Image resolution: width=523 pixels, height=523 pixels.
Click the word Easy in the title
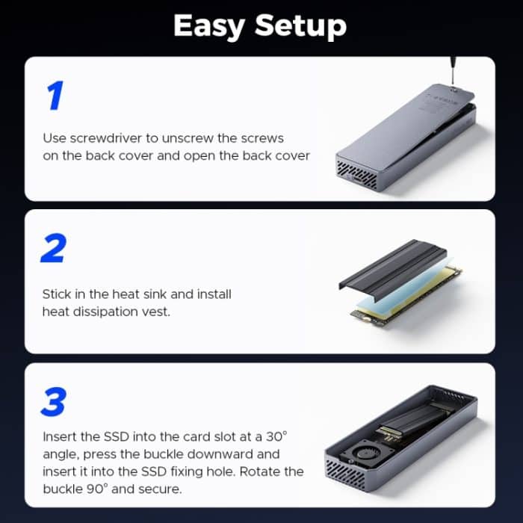tap(210, 26)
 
